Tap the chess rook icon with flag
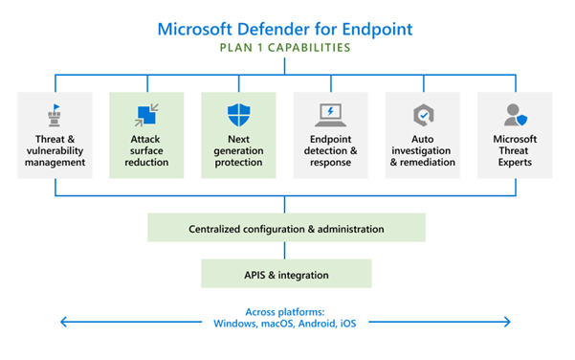click(x=55, y=116)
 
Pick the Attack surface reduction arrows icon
click(x=146, y=116)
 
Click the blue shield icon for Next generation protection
click(x=238, y=116)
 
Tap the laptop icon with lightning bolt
click(x=330, y=116)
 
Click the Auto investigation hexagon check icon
click(x=422, y=116)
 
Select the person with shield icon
click(x=514, y=116)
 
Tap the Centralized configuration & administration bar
click(x=286, y=229)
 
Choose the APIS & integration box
click(x=286, y=275)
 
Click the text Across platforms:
click(x=286, y=310)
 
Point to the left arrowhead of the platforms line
click(x=64, y=322)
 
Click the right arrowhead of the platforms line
click(x=509, y=322)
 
